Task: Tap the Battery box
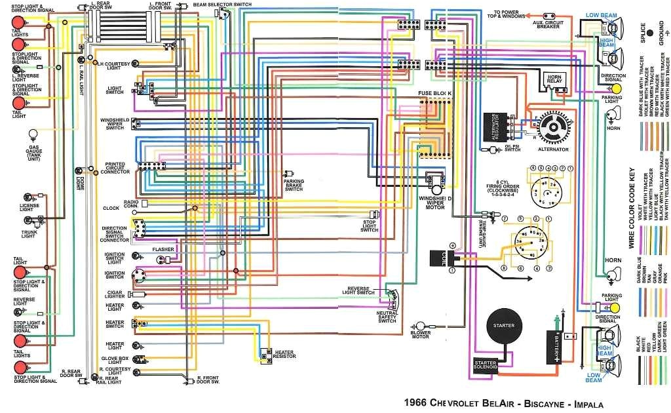[556, 347]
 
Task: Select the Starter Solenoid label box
[486, 364]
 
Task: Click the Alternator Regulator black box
[494, 127]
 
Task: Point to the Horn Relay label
[554, 80]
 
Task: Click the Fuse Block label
[435, 94]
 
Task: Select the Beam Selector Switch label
[222, 4]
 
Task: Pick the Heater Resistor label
[284, 355]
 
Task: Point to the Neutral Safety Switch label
[387, 317]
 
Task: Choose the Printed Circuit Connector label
[115, 168]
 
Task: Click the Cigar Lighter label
[115, 294]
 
